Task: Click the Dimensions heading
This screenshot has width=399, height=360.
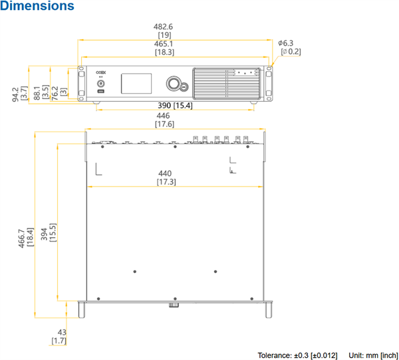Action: [x=37, y=7]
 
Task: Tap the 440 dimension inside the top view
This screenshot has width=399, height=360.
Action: [x=166, y=173]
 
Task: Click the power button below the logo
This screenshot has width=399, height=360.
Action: [x=101, y=86]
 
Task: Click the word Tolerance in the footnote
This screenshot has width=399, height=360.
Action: [x=274, y=355]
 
